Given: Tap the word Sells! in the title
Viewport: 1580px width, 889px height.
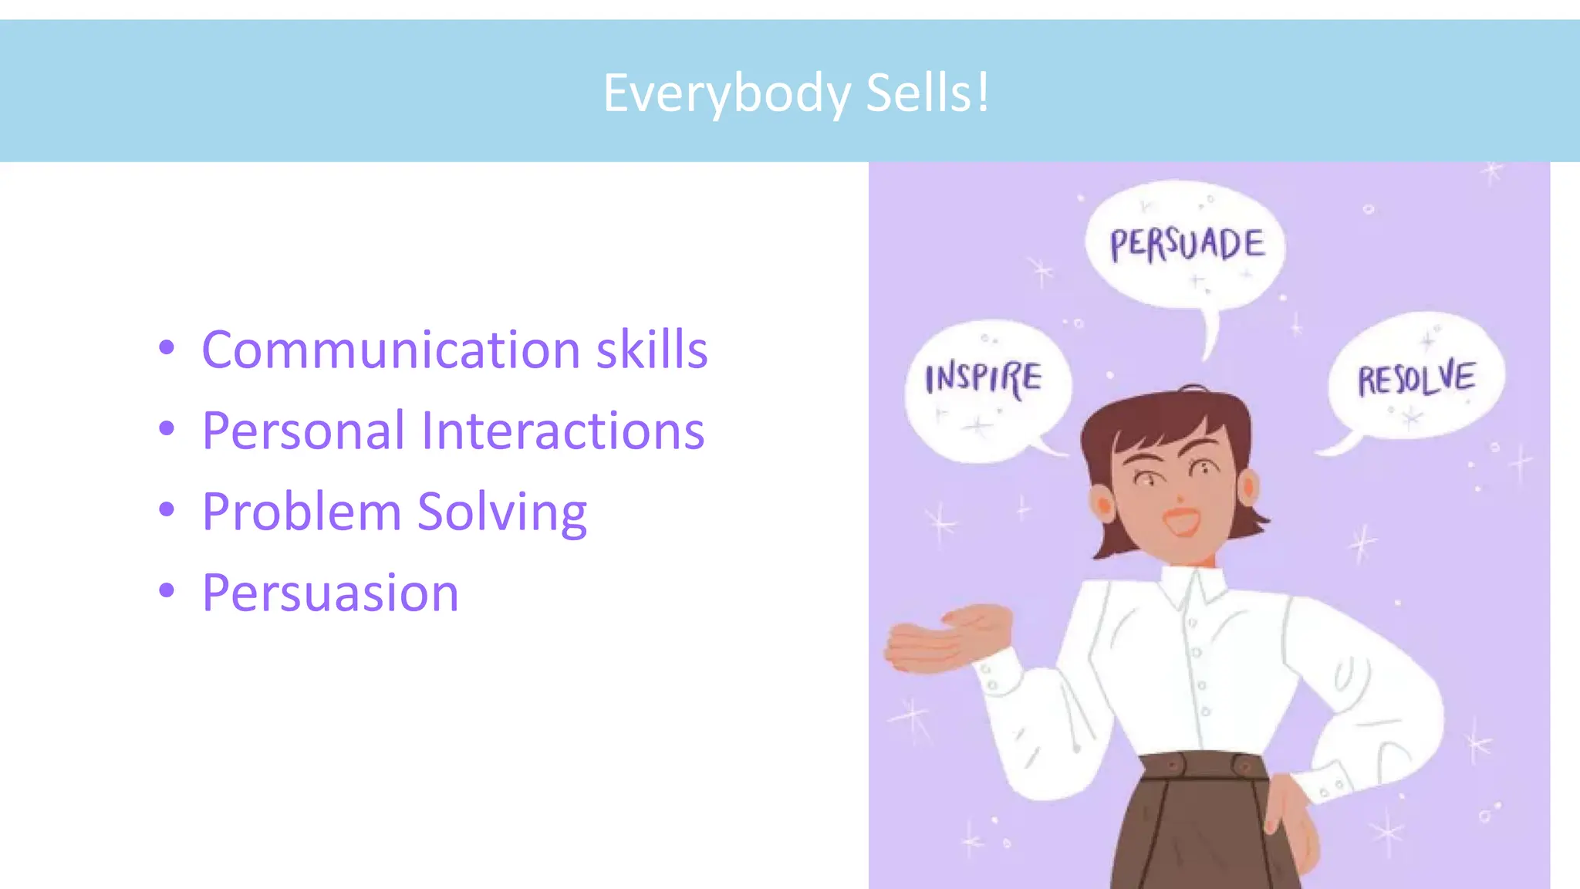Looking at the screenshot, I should point(927,93).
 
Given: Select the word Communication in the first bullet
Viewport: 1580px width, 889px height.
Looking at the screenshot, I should point(390,350).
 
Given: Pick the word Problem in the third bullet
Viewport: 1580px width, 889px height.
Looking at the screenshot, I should point(302,511).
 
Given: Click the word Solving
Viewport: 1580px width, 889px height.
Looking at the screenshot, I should point(502,512).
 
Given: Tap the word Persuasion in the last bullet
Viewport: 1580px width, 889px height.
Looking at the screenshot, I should point(330,593).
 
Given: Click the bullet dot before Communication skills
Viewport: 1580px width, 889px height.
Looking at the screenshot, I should point(167,348).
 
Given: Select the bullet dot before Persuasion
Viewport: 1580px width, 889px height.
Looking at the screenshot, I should point(167,591).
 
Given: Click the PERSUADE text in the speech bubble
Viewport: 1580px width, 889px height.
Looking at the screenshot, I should point(1187,244).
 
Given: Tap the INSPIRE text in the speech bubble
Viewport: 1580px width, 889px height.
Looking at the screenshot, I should point(984,379).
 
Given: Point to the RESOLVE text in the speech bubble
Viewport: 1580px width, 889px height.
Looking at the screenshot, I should point(1416,378).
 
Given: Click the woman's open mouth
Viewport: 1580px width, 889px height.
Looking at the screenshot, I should point(1182,520).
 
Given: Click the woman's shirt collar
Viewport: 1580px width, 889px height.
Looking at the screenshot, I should point(1193,585).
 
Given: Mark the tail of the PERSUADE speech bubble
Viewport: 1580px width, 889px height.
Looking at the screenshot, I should point(1210,336).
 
